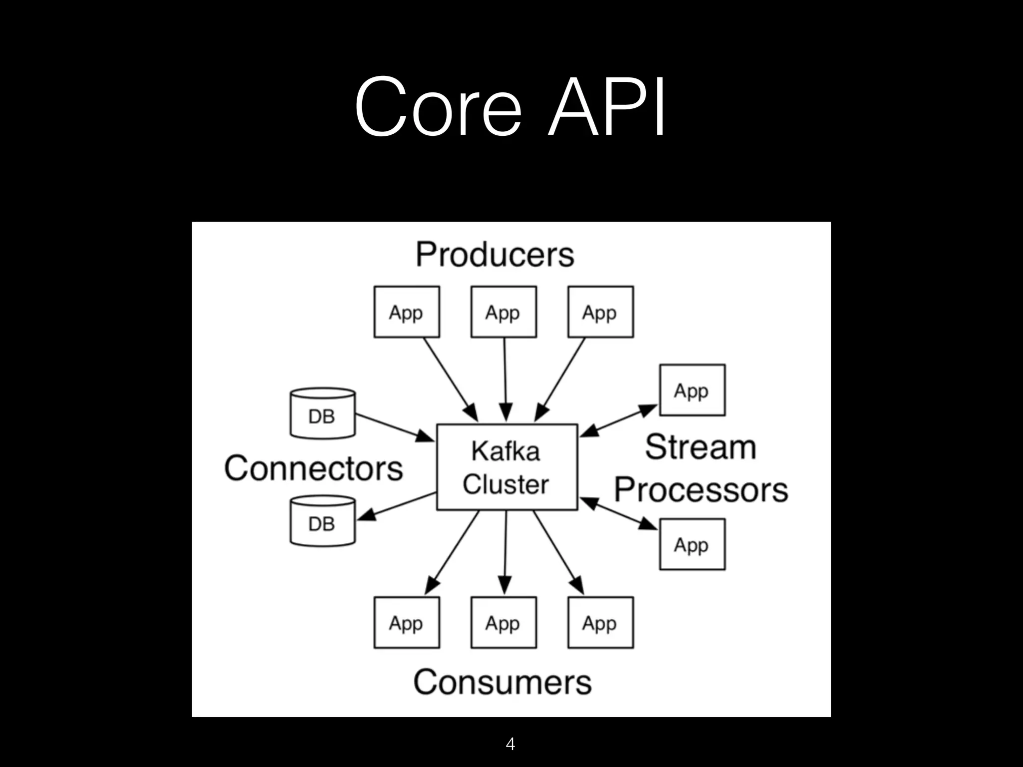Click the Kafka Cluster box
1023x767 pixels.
(x=507, y=467)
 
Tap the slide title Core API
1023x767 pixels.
(x=510, y=106)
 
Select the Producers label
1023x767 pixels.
(x=495, y=255)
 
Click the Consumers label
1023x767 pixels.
(x=502, y=682)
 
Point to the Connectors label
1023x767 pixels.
(x=313, y=468)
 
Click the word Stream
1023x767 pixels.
(x=700, y=447)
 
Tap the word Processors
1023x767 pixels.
(x=701, y=490)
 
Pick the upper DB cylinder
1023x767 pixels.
(x=323, y=413)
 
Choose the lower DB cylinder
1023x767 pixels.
(x=323, y=521)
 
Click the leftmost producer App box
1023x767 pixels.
(x=407, y=312)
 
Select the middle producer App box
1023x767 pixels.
(x=504, y=312)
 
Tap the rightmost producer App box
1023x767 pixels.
(x=600, y=312)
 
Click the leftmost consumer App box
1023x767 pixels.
(x=407, y=623)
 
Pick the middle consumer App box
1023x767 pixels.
(x=504, y=623)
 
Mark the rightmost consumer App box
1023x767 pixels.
(x=600, y=623)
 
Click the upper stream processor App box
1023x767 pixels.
(x=692, y=390)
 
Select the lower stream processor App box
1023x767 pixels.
(x=692, y=544)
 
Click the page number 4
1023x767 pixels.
(x=510, y=744)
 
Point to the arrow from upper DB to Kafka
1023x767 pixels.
(x=395, y=428)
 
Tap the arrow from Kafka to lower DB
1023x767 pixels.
(x=397, y=506)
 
